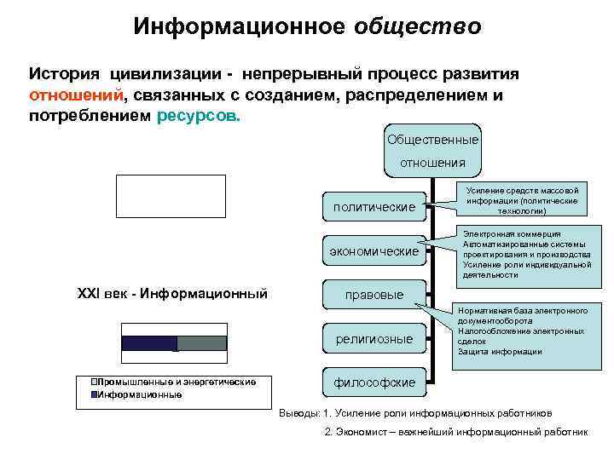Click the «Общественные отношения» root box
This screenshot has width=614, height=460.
[432, 150]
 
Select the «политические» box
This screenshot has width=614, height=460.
[374, 206]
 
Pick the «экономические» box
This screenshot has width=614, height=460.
[374, 251]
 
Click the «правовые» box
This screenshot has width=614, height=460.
[374, 295]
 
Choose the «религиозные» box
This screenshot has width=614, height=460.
[374, 339]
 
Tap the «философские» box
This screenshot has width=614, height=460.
[374, 382]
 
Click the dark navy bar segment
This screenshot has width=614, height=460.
[148, 343]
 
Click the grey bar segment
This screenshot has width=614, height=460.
[201, 343]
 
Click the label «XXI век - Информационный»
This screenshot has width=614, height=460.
[172, 294]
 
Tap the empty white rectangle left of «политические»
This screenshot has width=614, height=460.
[171, 197]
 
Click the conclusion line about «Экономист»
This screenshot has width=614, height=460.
[456, 432]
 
